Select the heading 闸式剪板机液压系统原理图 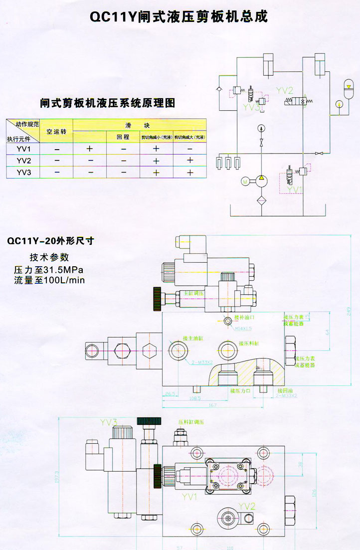(x=108, y=103)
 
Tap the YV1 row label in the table (x=23, y=149)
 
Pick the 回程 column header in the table (x=123, y=137)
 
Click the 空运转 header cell (x=56, y=132)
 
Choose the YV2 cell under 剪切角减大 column (x=189, y=160)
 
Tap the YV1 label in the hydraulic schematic (x=296, y=189)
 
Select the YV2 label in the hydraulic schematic (x=284, y=90)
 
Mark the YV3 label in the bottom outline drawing (x=108, y=423)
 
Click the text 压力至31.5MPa (x=49, y=270)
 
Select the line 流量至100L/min (x=49, y=280)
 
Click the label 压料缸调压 (x=191, y=422)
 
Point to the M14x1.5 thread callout (x=244, y=328)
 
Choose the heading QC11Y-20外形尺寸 (x=50, y=241)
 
